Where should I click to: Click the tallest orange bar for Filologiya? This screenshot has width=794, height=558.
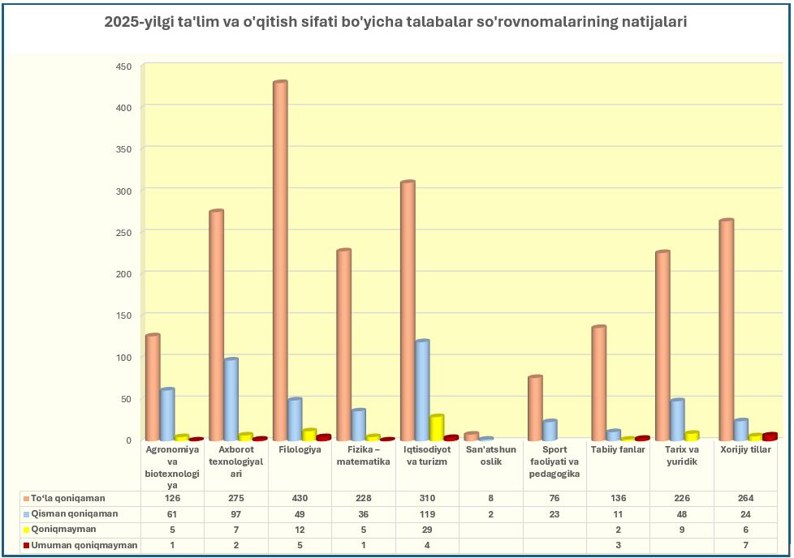(280, 260)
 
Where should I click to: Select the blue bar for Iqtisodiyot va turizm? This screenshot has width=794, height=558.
(422, 389)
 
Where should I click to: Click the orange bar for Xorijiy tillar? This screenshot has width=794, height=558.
(726, 328)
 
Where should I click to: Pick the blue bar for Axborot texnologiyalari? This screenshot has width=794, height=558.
(231, 398)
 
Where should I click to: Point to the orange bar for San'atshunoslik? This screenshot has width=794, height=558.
(472, 436)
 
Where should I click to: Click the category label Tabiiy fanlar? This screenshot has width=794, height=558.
(618, 449)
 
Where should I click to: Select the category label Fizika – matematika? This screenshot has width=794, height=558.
(363, 455)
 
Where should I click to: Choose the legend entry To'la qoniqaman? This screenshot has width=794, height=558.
(68, 498)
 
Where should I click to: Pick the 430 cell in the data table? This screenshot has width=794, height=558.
(300, 498)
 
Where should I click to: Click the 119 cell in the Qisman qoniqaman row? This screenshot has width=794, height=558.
(427, 513)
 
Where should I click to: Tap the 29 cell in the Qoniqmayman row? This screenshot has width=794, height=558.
(427, 529)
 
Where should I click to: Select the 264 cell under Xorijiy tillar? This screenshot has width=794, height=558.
(745, 498)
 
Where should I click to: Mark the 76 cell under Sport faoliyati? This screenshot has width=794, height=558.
(555, 498)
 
